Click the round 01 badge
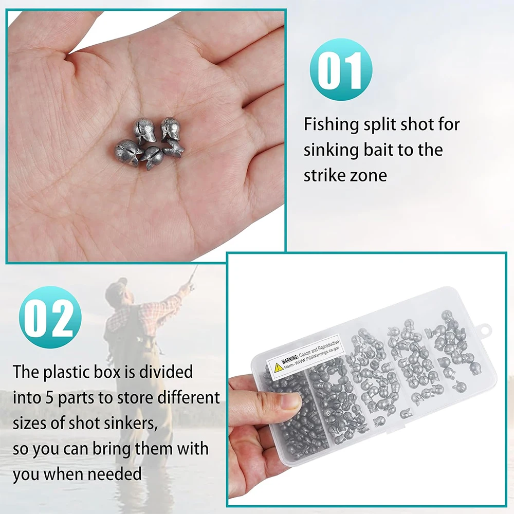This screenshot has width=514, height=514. [x=341, y=69]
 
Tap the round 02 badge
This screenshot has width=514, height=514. [x=50, y=317]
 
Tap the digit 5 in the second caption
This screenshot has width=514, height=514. [x=48, y=398]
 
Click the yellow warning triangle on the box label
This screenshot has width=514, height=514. [x=278, y=367]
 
